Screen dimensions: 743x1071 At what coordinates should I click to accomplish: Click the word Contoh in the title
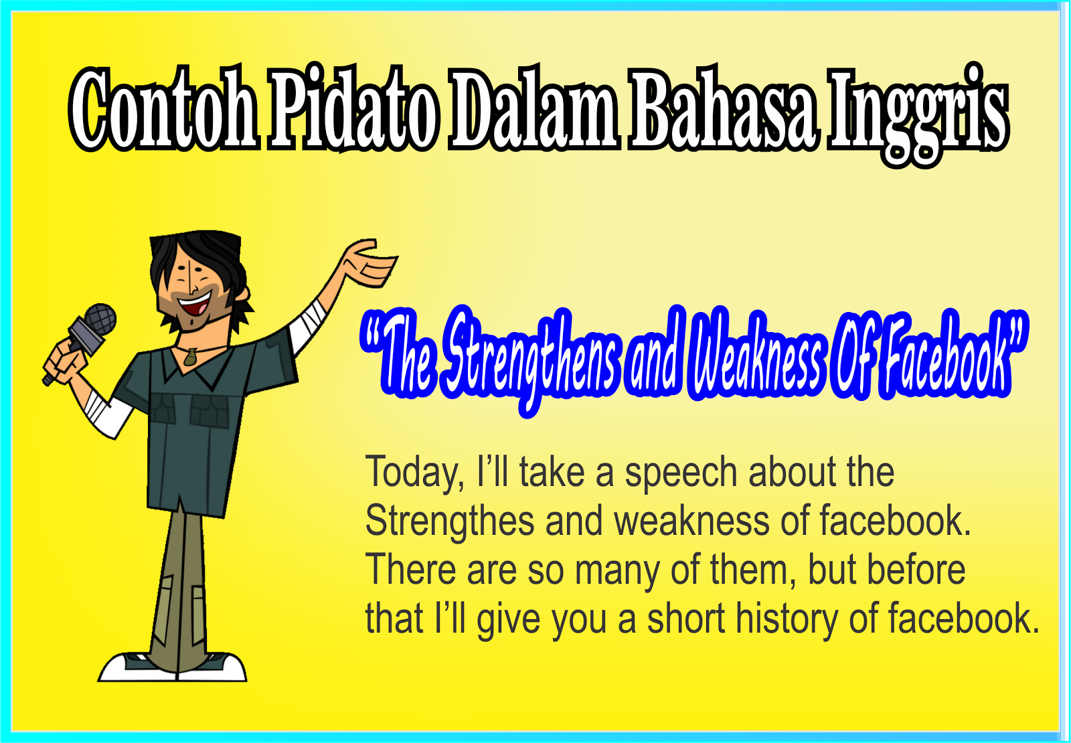point(164,109)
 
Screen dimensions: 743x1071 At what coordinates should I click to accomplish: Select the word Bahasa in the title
point(724,109)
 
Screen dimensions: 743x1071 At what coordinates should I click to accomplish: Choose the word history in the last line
point(787,619)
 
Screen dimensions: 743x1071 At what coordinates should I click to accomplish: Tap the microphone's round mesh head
point(100,319)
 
